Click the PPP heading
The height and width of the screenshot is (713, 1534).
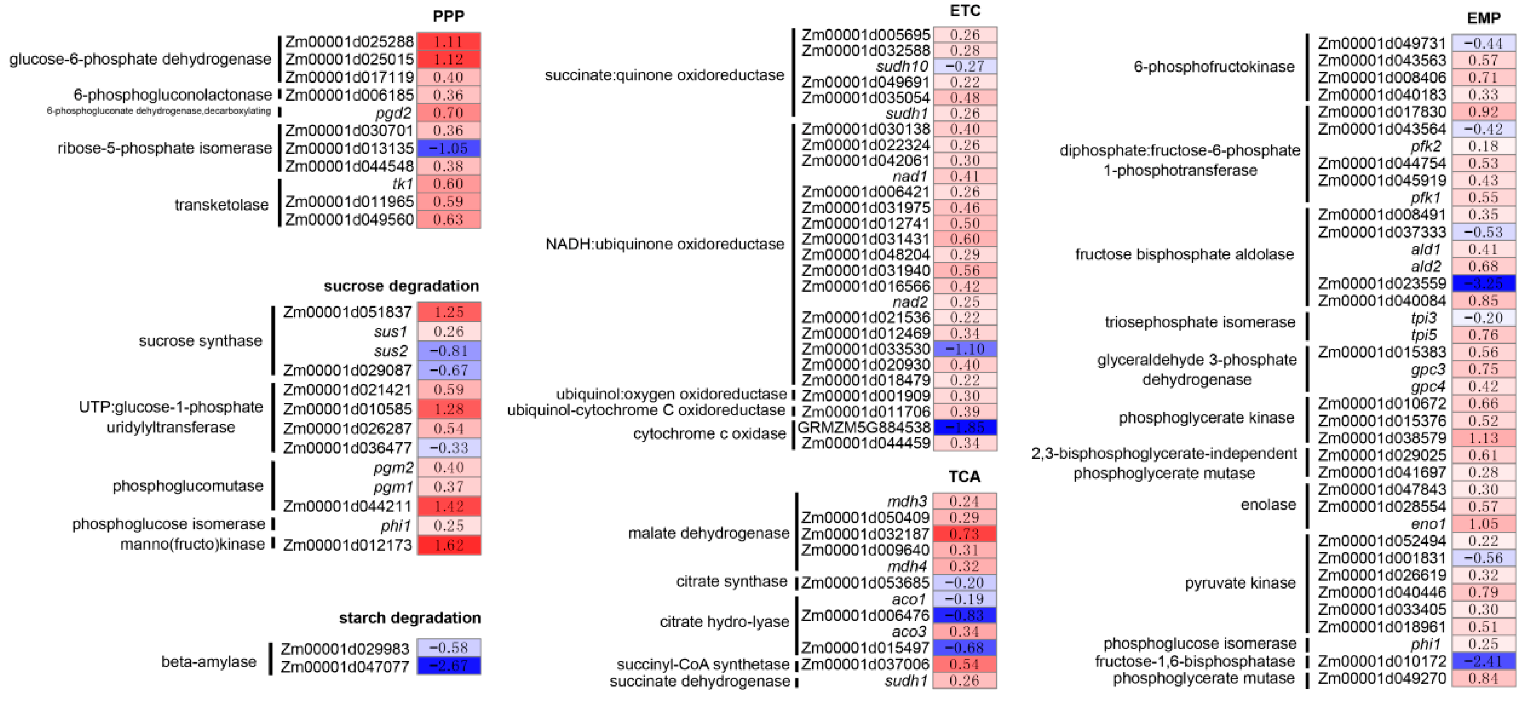tap(448, 16)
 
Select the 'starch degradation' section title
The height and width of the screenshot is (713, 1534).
tap(410, 618)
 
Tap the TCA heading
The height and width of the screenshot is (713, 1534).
tap(964, 476)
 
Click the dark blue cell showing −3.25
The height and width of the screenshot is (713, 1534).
tap(1483, 283)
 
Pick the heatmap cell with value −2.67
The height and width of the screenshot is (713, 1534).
tap(448, 665)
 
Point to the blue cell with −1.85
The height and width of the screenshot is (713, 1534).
tap(965, 427)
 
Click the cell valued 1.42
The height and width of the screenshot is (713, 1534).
tap(448, 506)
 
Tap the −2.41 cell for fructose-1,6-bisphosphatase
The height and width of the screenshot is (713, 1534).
tap(1483, 661)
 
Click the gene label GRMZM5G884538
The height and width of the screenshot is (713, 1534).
tap(863, 427)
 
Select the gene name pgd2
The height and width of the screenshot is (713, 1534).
tap(394, 112)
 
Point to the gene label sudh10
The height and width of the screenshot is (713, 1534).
tap(902, 66)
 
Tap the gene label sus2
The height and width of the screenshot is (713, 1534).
tap(391, 350)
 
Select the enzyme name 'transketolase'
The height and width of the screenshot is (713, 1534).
tap(221, 205)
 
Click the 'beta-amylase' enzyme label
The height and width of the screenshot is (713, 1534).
tap(208, 661)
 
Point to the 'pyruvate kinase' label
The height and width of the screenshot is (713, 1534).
tap(1240, 583)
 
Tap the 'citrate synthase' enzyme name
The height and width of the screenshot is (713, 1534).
tap(731, 581)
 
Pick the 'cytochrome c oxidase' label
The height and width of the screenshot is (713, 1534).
tap(709, 434)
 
